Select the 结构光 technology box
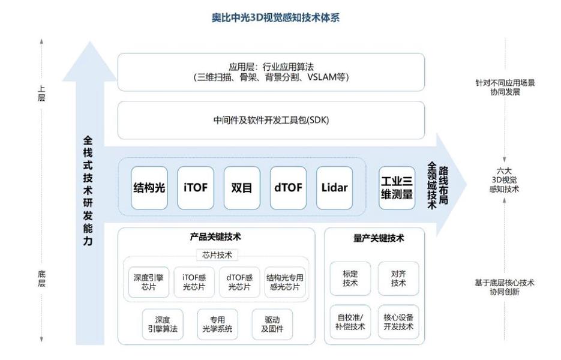[x=149, y=188]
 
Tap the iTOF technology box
[x=195, y=188]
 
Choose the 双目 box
[x=241, y=188]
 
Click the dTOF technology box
[x=288, y=188]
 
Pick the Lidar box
[x=334, y=188]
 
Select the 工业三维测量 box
[x=397, y=188]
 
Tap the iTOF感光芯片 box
[x=194, y=282]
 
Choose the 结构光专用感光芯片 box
[x=285, y=282]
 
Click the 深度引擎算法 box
[x=163, y=325]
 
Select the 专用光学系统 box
[x=217, y=325]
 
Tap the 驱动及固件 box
[x=268, y=325]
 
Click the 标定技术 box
[x=350, y=278]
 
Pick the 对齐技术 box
[x=398, y=278]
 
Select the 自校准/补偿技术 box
[x=350, y=322]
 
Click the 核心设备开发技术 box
[x=398, y=322]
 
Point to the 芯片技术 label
[x=217, y=255]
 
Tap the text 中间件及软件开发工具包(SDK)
[x=271, y=120]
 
